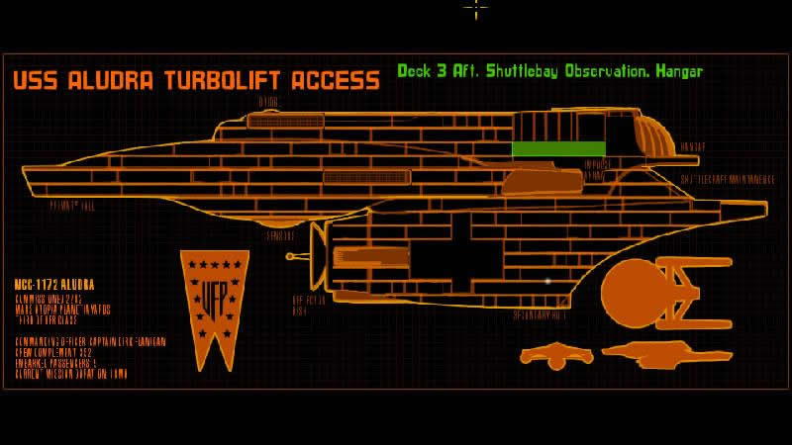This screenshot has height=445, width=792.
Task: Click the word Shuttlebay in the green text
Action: click(505, 71)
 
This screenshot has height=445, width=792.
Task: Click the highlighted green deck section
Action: click(559, 149)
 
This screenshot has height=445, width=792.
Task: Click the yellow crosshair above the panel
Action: click(476, 8)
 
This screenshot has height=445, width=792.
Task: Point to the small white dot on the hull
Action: click(547, 281)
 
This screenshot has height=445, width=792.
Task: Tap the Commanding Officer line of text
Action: click(89, 342)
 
